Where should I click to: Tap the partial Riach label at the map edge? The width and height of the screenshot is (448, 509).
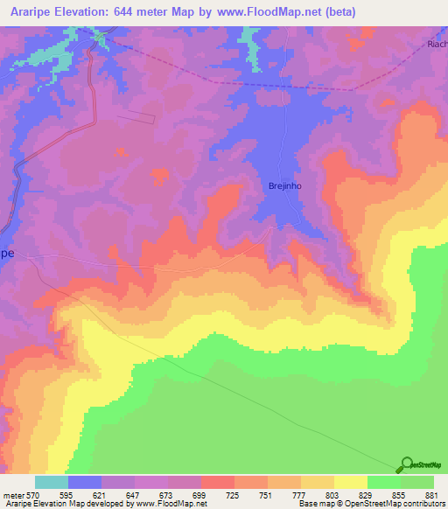point(437,44)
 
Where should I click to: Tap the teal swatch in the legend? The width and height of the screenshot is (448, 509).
point(52,483)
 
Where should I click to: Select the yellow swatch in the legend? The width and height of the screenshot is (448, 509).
point(350,483)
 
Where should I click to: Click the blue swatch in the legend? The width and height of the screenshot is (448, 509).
point(85,483)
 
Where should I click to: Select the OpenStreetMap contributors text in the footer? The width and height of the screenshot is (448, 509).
point(382,504)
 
